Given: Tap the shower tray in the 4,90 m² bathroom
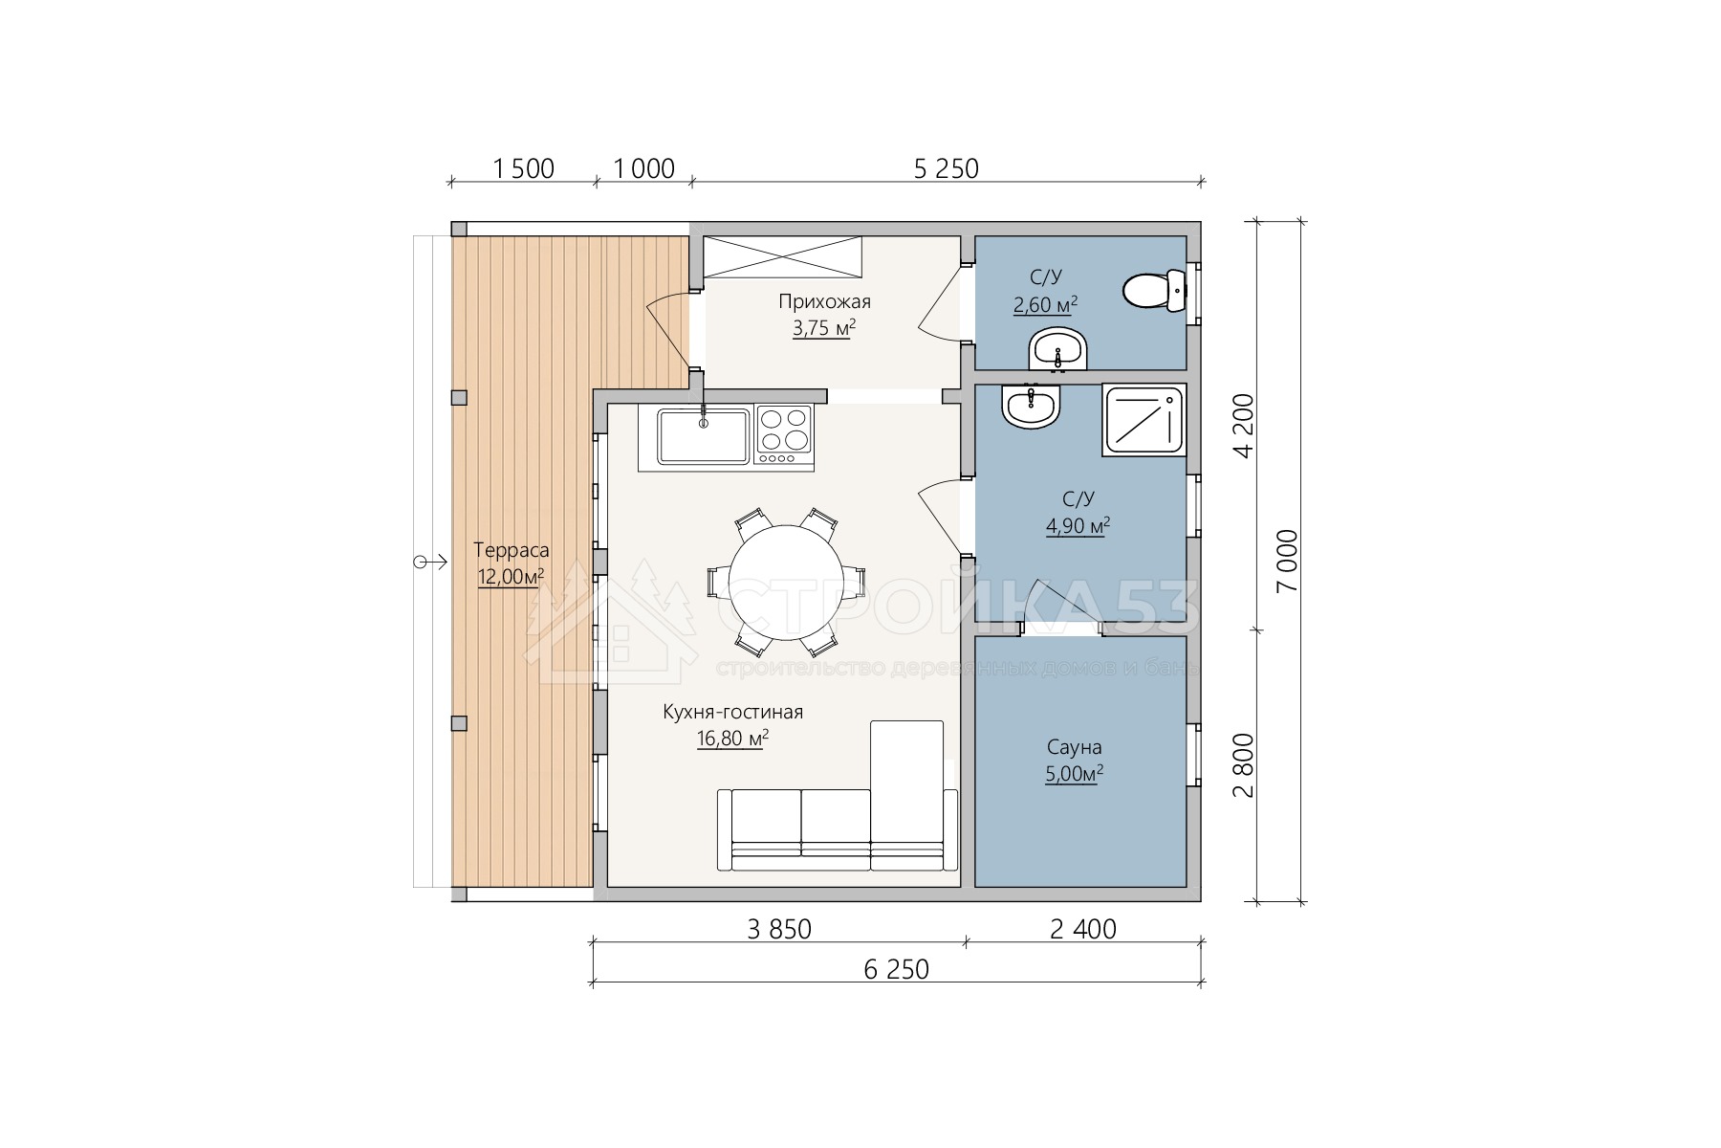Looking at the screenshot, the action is point(1144,420).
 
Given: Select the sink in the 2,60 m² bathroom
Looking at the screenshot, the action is point(1058,349).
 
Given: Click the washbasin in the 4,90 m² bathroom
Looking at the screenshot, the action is point(1031,407).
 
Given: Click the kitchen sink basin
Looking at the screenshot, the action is point(703,435).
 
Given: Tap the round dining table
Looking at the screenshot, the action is point(786,583).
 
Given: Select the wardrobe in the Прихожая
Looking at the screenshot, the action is point(783,256).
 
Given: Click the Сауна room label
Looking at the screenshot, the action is point(1074,748).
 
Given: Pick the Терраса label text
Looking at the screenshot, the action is point(512,550).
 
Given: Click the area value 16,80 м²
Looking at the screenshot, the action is point(733,739).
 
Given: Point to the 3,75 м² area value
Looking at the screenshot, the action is point(823,329).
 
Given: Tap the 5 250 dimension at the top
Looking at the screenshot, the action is point(947,168).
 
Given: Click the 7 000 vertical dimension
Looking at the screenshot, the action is point(1288,561).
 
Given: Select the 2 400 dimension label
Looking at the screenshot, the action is point(1083,929).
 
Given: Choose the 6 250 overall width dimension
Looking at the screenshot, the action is point(896,969).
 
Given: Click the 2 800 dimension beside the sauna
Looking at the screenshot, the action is point(1243,765).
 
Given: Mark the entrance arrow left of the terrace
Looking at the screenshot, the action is point(430,562).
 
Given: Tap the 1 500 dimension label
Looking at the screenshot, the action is point(523,168).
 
